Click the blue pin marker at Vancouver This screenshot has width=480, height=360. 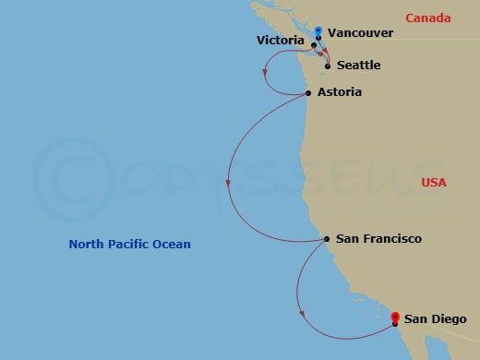coord(318,32)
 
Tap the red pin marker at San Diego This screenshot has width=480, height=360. coord(395,318)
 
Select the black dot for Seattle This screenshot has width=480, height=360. coord(328,66)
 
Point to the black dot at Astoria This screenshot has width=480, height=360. coord(307,92)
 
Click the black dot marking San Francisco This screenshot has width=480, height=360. coord(327,239)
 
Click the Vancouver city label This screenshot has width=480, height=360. coord(361,33)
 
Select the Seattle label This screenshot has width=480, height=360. coord(359,66)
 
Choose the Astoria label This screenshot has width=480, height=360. coord(339,92)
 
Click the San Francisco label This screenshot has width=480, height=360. coord(378,239)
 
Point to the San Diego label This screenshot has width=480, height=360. coord(435,319)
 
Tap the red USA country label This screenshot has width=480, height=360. coord(433,183)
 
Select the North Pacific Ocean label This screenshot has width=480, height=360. coord(129,245)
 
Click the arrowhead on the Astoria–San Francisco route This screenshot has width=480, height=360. coord(228,185)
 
